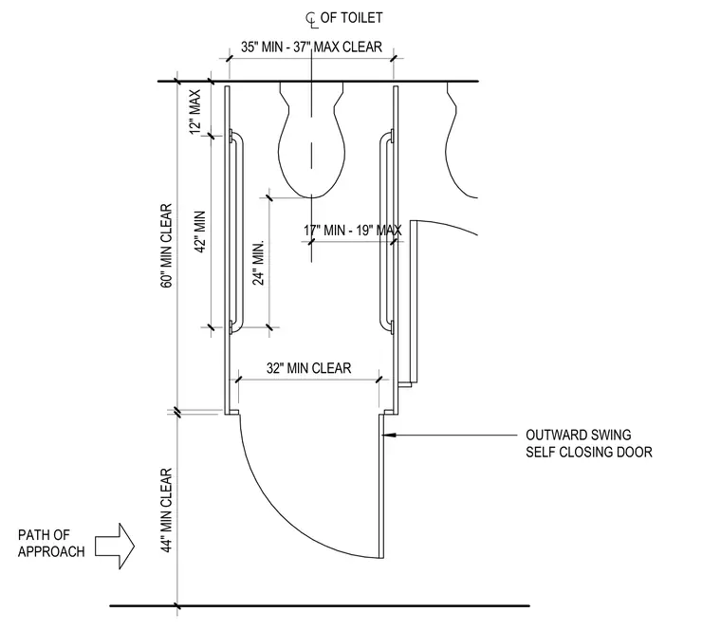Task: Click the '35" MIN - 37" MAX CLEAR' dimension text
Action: tap(311, 46)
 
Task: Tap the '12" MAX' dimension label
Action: tap(195, 112)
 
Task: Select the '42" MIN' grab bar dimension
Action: tap(199, 232)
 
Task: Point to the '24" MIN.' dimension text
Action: tap(259, 263)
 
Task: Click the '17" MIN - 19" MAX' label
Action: tap(353, 230)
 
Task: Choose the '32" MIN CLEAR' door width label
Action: tap(308, 368)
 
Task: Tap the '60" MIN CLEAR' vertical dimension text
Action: tap(166, 246)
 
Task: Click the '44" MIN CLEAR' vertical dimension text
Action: tap(166, 510)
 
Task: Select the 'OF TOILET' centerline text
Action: tap(351, 18)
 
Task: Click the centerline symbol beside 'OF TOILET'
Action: tap(312, 19)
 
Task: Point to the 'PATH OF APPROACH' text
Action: tap(51, 543)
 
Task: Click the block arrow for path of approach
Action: tap(115, 546)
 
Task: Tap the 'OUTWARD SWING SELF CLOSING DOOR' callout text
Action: tap(588, 443)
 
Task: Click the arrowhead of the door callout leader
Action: tap(387, 436)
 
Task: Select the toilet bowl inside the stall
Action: tap(312, 139)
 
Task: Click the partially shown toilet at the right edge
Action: tap(461, 139)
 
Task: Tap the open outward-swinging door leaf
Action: tap(380, 486)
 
